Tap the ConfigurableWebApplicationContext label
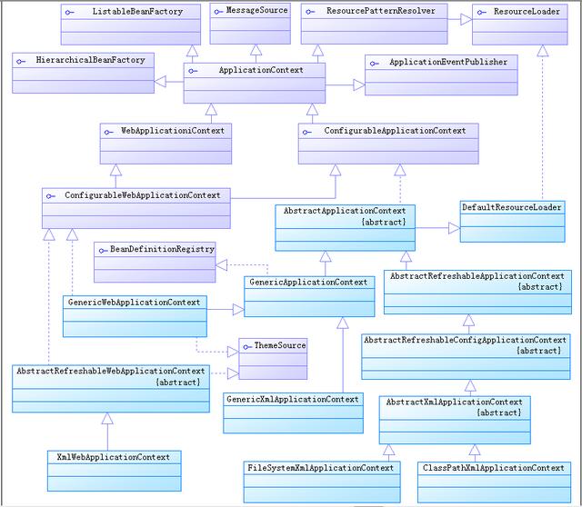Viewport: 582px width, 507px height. click(x=142, y=194)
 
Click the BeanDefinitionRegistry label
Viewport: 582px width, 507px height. click(x=162, y=248)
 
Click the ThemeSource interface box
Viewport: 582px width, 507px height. click(x=273, y=359)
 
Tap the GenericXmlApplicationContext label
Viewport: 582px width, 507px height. click(x=292, y=399)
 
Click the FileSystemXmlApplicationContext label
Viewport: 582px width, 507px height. click(x=321, y=467)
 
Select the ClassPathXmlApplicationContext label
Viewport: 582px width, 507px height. click(x=494, y=467)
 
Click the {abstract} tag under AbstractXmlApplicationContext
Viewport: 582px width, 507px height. click(x=498, y=413)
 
